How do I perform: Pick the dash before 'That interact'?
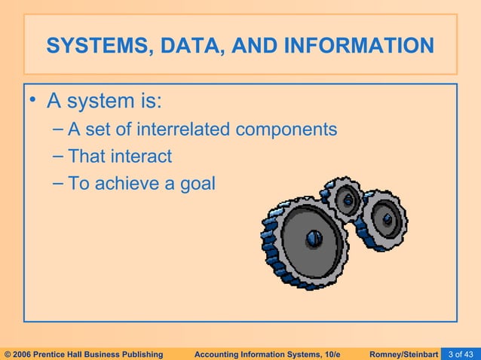(x=58, y=156)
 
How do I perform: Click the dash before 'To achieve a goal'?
(x=58, y=182)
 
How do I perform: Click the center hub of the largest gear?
(x=314, y=239)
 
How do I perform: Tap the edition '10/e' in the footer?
(x=340, y=353)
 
